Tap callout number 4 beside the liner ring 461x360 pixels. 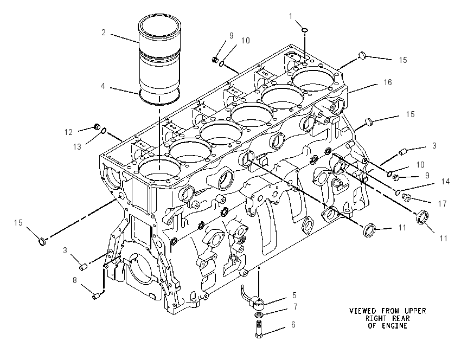103,86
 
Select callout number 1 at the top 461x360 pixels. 291,16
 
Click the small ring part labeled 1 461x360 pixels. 305,29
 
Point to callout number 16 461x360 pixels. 388,82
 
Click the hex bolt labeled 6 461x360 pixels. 259,329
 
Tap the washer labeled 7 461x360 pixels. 259,315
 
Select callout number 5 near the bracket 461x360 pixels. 294,295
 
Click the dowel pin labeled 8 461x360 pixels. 95,297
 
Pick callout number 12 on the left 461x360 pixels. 68,132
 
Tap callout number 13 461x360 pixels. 77,146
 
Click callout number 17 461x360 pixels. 442,203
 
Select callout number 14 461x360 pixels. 446,182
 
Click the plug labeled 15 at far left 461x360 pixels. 43,242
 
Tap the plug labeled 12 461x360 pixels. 96,127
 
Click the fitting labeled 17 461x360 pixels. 407,198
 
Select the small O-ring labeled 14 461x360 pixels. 398,192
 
